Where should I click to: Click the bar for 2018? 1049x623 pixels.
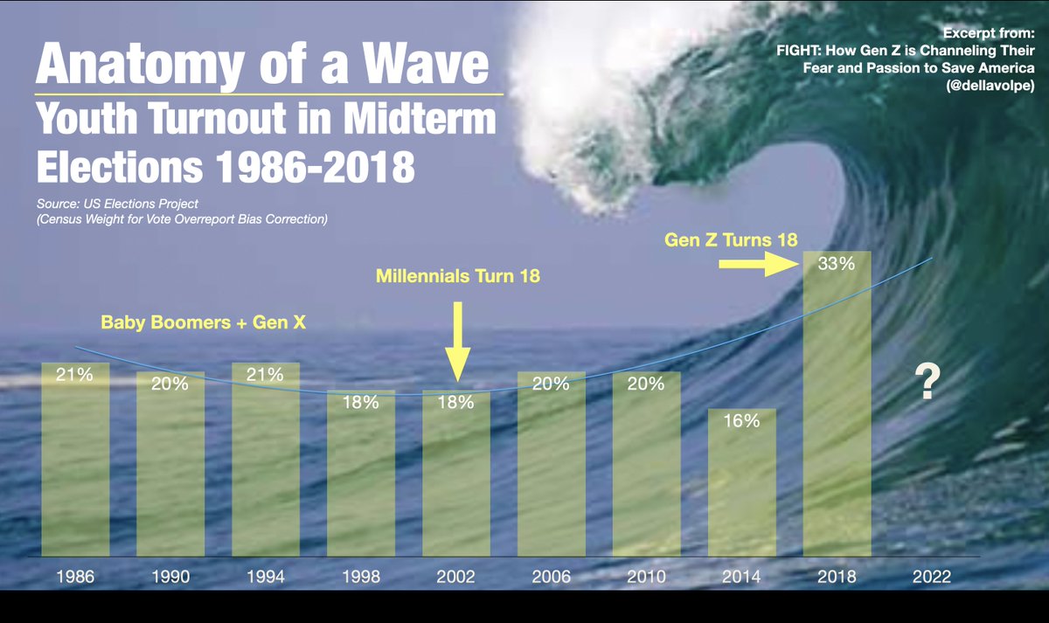pyautogui.click(x=837, y=404)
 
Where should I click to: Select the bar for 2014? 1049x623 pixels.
pyautogui.click(x=742, y=482)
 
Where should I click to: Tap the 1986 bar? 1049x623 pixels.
pyautogui.click(x=75, y=460)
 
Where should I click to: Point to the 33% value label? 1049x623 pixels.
pyautogui.click(x=837, y=264)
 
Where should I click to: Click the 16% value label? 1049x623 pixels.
pyautogui.click(x=741, y=421)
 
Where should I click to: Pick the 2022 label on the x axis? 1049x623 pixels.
pyautogui.click(x=932, y=576)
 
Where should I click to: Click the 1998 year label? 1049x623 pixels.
pyautogui.click(x=360, y=576)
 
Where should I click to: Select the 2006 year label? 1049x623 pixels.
pyautogui.click(x=552, y=576)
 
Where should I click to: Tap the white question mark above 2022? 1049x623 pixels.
pyautogui.click(x=927, y=382)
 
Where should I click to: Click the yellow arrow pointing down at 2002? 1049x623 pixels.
pyautogui.click(x=457, y=342)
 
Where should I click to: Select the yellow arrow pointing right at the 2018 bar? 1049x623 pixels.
pyautogui.click(x=759, y=264)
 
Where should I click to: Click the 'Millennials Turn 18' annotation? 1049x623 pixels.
pyautogui.click(x=457, y=276)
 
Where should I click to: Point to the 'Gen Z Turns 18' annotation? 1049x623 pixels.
pyautogui.click(x=731, y=239)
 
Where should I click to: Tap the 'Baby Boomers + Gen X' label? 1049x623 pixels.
pyautogui.click(x=203, y=322)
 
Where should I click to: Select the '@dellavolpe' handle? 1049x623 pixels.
pyautogui.click(x=990, y=86)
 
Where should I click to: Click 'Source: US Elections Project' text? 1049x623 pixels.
pyautogui.click(x=117, y=204)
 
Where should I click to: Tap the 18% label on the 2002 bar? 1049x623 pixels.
pyautogui.click(x=455, y=402)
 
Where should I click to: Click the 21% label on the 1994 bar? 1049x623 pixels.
pyautogui.click(x=265, y=375)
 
